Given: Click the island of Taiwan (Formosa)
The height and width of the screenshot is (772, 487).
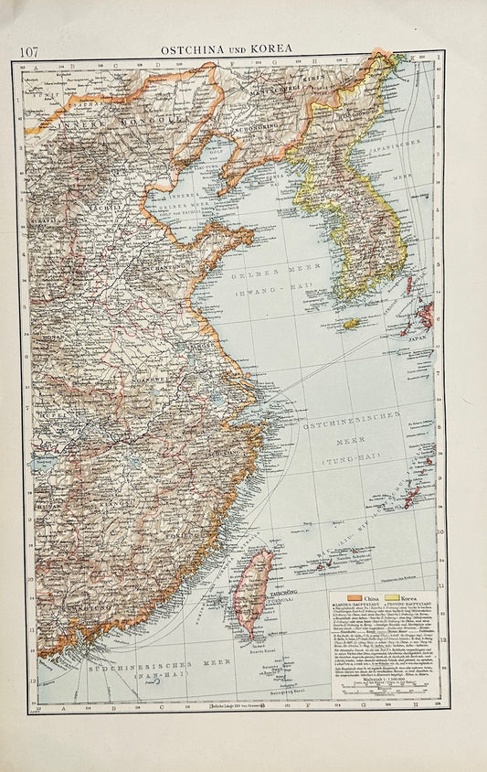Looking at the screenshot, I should coord(253,592).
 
